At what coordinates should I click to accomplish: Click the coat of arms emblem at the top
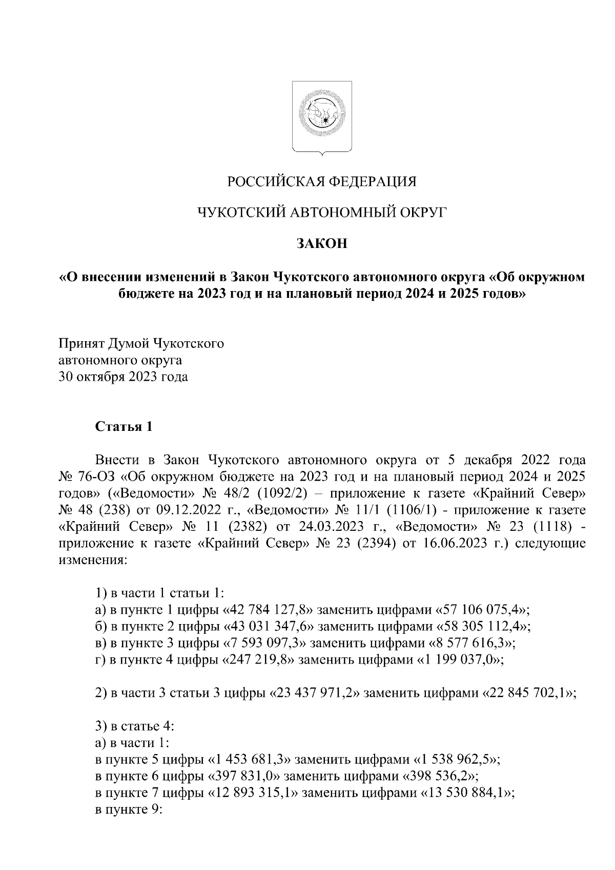click(322, 117)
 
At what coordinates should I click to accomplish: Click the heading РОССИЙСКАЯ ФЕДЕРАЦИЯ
click(322, 181)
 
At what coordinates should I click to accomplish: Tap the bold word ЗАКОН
click(322, 243)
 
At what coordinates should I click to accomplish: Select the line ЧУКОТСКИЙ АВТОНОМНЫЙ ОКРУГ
click(322, 212)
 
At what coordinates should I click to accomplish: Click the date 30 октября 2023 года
click(122, 377)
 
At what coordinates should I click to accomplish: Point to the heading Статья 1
click(124, 426)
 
